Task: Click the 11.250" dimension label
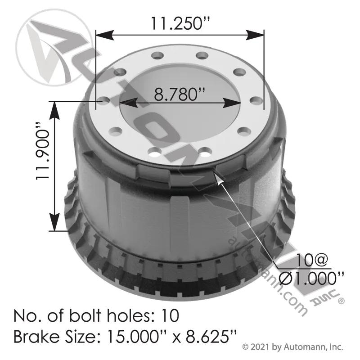180,23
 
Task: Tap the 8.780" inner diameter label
179,94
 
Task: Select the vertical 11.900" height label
43,155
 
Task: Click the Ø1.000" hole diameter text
311,279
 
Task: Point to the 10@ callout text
312,260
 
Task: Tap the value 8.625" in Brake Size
211,337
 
